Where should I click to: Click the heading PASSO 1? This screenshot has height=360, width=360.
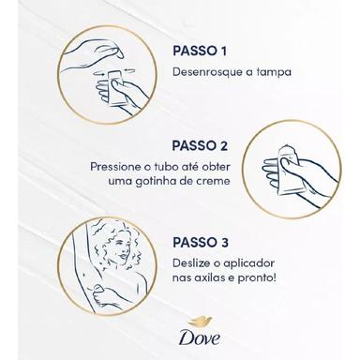tap(200, 52)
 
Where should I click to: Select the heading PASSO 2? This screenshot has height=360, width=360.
tap(200, 146)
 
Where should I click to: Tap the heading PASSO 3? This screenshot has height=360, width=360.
tap(201, 243)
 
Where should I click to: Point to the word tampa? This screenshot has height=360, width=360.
tap(274, 72)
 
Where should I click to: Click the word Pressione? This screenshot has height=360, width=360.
tap(115, 167)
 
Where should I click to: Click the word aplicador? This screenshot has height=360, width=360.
tap(249, 263)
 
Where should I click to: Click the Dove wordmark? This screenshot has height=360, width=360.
tap(200, 337)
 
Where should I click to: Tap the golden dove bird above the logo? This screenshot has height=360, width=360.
tap(200, 322)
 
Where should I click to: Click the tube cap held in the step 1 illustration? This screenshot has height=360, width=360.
tap(117, 53)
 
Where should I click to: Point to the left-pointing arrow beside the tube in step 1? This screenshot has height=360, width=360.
tap(129, 70)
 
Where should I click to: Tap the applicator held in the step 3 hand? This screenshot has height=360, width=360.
tap(98, 289)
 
